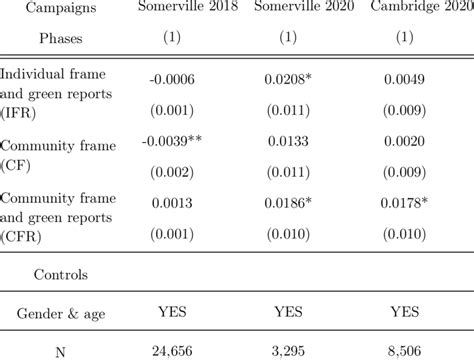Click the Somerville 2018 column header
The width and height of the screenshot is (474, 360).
pos(180,9)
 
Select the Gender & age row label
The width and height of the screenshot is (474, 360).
pos(55,313)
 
